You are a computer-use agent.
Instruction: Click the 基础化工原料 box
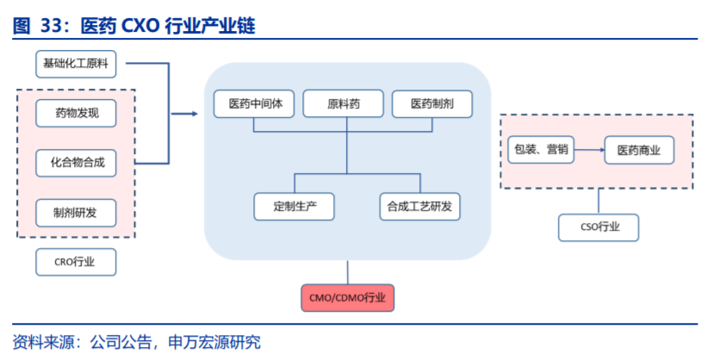pos(76,64)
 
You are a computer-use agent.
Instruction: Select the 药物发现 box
pos(76,113)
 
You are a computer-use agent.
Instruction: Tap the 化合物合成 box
pos(76,163)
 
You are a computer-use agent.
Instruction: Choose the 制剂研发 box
pos(76,213)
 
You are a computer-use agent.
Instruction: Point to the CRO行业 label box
pos(76,262)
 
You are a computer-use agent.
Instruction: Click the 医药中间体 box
pos(254,104)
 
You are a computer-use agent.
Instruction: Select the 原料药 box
pos(343,104)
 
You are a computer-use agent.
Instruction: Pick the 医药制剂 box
pos(432,104)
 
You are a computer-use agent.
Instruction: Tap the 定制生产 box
pos(294,207)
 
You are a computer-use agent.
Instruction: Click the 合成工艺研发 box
pos(420,207)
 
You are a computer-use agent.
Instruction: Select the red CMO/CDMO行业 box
pos(348,298)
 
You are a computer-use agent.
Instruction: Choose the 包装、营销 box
pos(541,150)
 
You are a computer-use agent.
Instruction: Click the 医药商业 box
pos(639,150)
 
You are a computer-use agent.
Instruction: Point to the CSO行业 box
pos(599,227)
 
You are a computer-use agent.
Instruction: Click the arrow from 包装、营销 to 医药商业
pos(589,150)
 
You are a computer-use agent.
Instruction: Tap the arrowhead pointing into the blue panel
pos(195,114)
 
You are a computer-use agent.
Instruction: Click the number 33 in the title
pos(52,27)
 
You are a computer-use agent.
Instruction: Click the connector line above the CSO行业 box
pos(599,201)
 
